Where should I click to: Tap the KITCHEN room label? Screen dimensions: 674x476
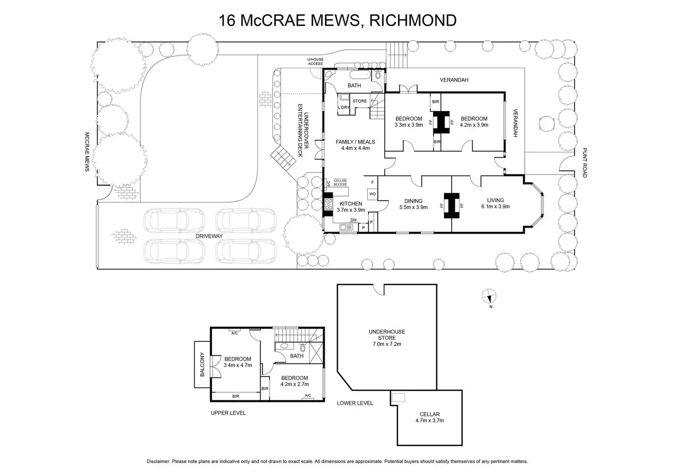tap(351, 204)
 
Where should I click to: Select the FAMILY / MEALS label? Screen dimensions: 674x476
tap(355, 142)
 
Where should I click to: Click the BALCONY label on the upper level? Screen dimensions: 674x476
tap(202, 364)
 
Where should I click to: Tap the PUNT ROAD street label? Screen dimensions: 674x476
tap(584, 162)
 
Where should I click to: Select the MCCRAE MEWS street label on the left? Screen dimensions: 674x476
tap(87, 152)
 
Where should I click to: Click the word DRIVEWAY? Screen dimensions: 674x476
tap(209, 236)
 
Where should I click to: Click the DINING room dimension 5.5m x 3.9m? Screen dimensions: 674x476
tap(413, 207)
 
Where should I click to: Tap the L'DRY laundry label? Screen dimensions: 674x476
tap(344, 108)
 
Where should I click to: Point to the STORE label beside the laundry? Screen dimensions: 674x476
tap(359, 101)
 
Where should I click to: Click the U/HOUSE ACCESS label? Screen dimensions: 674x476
tap(315, 61)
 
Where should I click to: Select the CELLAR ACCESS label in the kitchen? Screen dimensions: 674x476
tap(340, 182)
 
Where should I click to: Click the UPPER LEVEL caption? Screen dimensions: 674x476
tap(228, 413)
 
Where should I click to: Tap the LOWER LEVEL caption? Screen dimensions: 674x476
tap(355, 403)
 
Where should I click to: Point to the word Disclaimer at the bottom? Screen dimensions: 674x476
tap(158, 461)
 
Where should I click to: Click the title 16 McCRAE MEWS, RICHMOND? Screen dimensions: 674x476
tap(337, 21)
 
